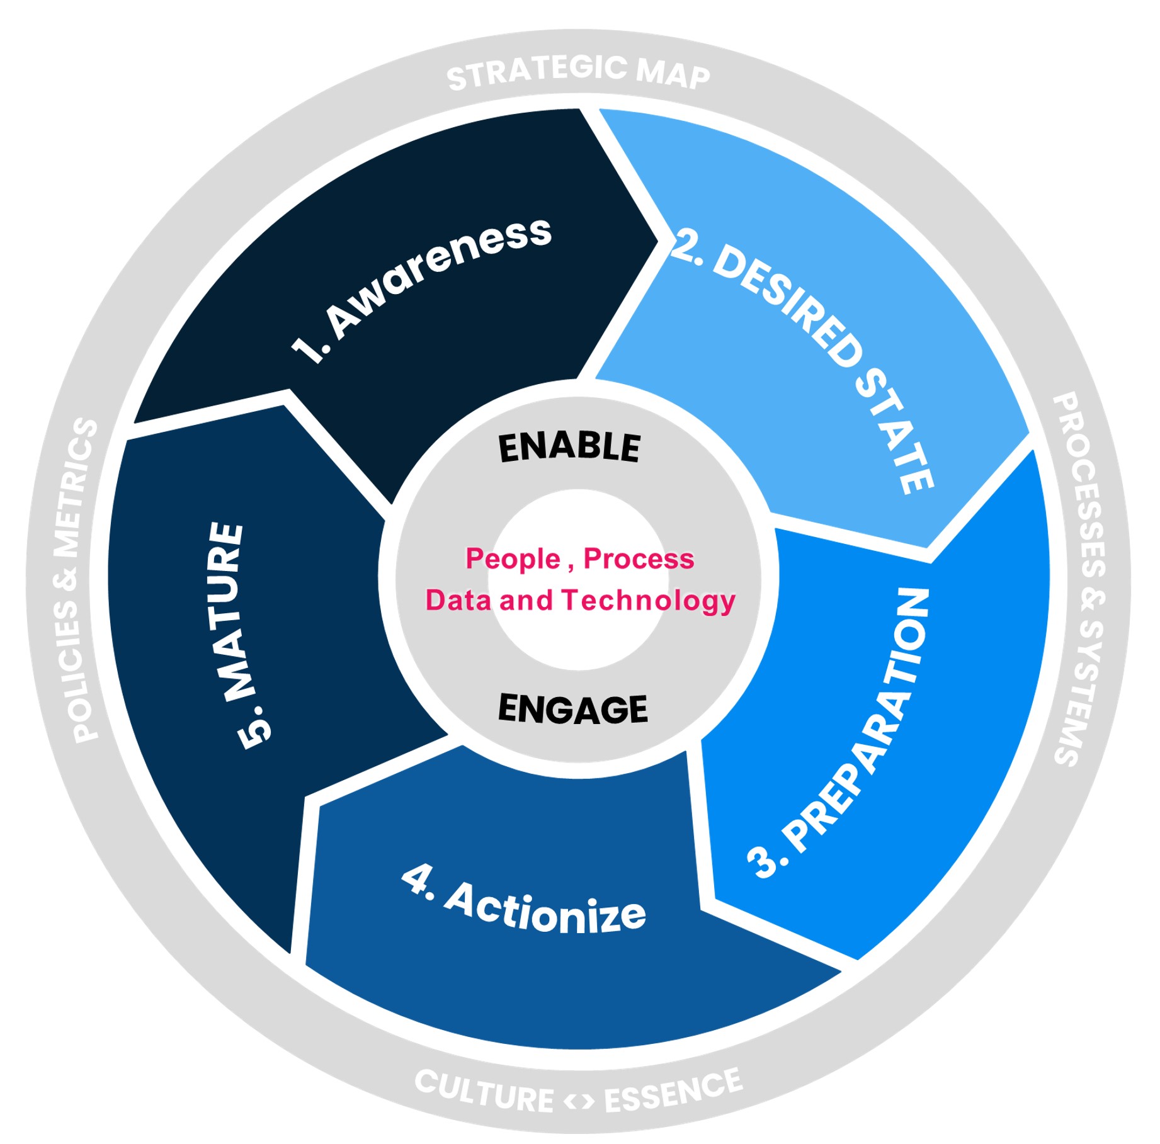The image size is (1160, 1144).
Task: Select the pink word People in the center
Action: (513, 559)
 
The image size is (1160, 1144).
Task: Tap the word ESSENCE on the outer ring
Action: (673, 1092)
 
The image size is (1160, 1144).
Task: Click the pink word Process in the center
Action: (639, 559)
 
